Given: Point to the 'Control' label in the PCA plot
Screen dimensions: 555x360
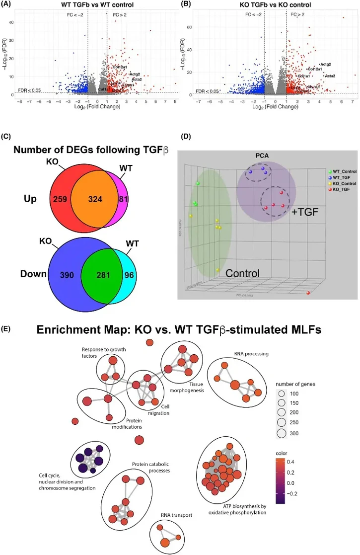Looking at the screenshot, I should tap(244, 273).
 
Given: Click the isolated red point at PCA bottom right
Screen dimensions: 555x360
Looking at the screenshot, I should tap(308, 293).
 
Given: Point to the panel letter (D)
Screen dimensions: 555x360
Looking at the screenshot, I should tap(184, 137).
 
